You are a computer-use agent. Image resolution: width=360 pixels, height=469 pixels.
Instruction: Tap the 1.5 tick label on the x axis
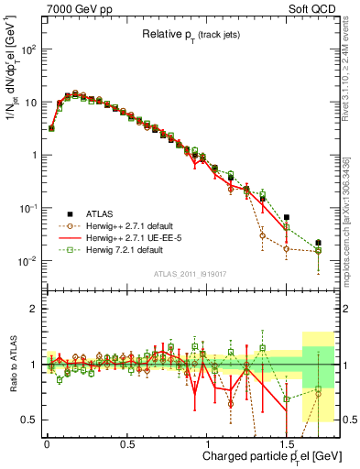(x=287, y=441)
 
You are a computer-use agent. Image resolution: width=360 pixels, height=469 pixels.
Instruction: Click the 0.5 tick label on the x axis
(x=126, y=441)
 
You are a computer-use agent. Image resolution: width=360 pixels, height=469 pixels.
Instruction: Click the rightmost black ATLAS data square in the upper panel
(x=319, y=243)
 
